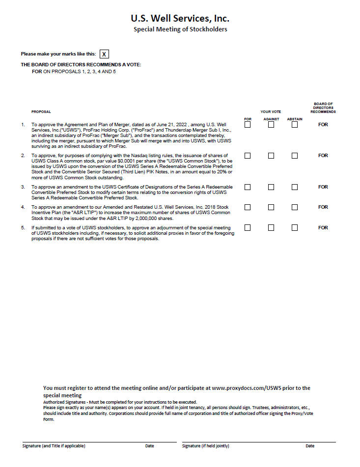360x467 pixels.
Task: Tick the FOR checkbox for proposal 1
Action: pos(248,125)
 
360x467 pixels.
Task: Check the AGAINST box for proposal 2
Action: pos(271,156)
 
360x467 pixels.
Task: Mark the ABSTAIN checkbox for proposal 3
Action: pos(295,187)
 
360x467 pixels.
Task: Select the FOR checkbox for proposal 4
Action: pos(248,207)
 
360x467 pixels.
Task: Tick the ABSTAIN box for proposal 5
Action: pos(295,228)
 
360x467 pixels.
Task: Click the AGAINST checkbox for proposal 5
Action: pos(271,228)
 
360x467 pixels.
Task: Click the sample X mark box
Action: pos(104,54)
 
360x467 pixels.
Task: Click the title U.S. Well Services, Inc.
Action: pos(180,19)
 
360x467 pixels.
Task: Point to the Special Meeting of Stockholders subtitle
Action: pos(180,29)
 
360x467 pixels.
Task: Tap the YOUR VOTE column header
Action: pos(271,112)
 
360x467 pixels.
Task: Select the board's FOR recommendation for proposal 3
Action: pos(323,187)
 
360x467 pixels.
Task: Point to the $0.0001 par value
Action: pos(117,160)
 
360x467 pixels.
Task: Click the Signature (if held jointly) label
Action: pos(205,446)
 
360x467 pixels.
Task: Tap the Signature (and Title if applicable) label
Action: pos(54,446)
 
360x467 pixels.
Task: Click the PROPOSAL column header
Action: pos(41,112)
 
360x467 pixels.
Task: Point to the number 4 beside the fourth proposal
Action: pos(23,207)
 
